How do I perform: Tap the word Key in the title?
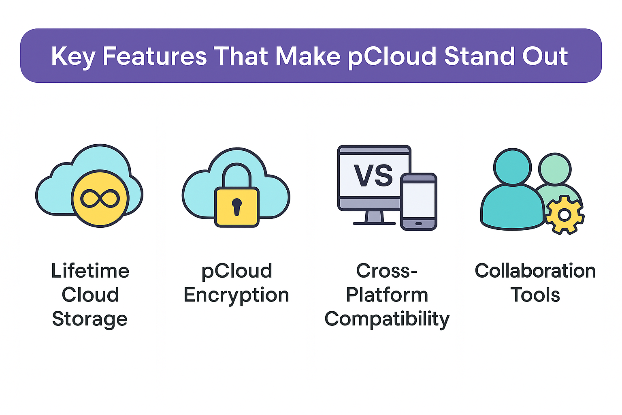coord(73,56)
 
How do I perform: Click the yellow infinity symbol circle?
coord(100,198)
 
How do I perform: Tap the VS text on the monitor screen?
coord(373,175)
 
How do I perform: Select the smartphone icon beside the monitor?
coord(419,201)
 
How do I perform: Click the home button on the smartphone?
coord(419,223)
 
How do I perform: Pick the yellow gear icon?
coord(564,214)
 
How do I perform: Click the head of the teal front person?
coord(512,167)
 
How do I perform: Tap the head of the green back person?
coord(555,169)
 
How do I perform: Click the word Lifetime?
coord(90,271)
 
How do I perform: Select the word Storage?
coord(90,319)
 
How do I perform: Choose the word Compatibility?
coord(387,319)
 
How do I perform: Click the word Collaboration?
coord(535,271)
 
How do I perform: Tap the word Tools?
coord(535,295)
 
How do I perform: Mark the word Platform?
coord(387,295)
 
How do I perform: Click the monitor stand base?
coord(374,222)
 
